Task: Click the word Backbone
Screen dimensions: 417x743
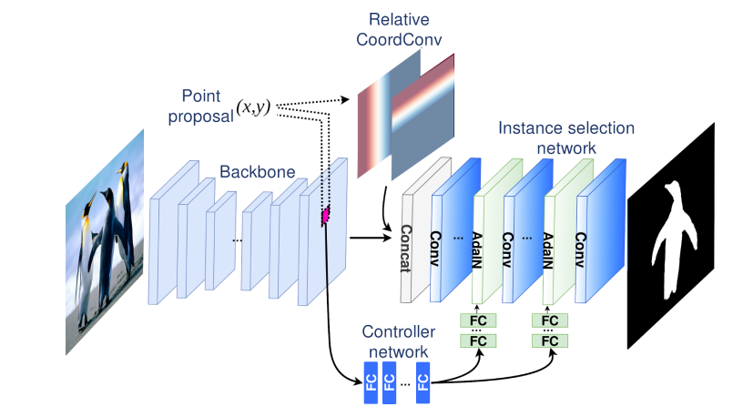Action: pyautogui.click(x=249, y=171)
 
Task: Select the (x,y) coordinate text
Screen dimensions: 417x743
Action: pyautogui.click(x=255, y=107)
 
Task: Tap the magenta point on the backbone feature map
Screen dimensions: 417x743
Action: pyautogui.click(x=324, y=216)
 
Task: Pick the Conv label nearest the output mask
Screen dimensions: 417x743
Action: pyautogui.click(x=580, y=244)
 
